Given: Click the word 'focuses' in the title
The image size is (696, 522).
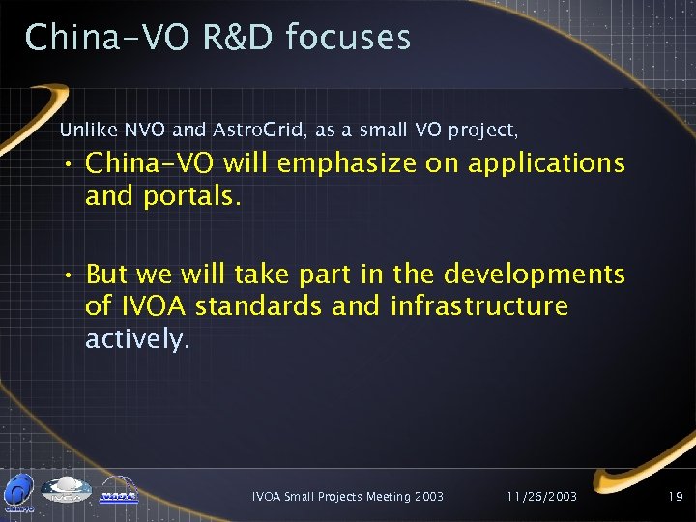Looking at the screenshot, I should pyautogui.click(x=349, y=38).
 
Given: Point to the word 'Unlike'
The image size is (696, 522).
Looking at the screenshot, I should pyautogui.click(x=83, y=129).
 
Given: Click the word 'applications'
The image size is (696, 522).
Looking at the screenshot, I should pyautogui.click(x=547, y=163).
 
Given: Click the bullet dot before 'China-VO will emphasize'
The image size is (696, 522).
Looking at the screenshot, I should pyautogui.click(x=71, y=164).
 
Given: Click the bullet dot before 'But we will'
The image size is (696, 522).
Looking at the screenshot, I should pyautogui.click(x=71, y=275).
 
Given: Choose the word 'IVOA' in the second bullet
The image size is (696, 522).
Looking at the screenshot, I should pyautogui.click(x=152, y=307).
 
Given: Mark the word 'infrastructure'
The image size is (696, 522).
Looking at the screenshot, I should pyautogui.click(x=479, y=307).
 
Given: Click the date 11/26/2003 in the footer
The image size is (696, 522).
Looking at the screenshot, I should pyautogui.click(x=541, y=496).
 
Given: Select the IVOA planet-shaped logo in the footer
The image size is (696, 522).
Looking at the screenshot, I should pyautogui.click(x=69, y=490).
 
